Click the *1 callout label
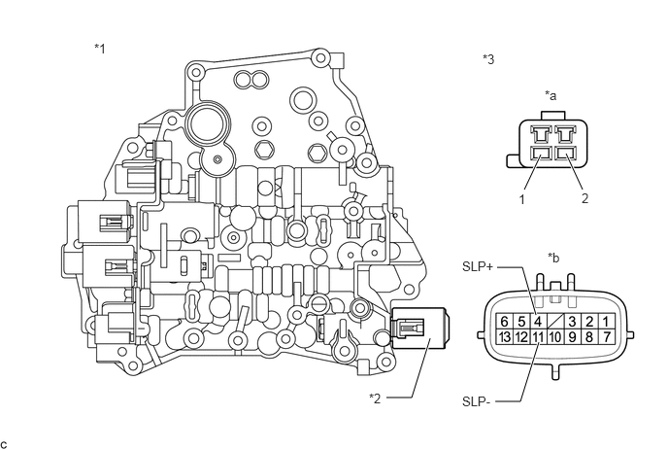coord(100,49)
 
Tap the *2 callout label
coord(375,398)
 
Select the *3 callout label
coord(488,59)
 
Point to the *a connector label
coord(551,95)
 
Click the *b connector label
coord(553,258)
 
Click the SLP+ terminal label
coord(478,266)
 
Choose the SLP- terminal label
coord(477,401)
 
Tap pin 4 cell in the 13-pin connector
coord(538,321)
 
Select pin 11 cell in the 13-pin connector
coord(538,336)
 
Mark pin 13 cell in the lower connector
coord(505,336)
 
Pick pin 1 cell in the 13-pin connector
coord(606,321)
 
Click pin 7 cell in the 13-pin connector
coord(606,336)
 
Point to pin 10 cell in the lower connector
coord(554,336)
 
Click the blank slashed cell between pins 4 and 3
coord(554,321)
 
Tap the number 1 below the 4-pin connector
coord(522,199)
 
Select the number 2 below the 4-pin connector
coord(584,198)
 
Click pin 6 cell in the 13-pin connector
coord(505,321)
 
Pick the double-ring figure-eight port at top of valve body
coord(251,79)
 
